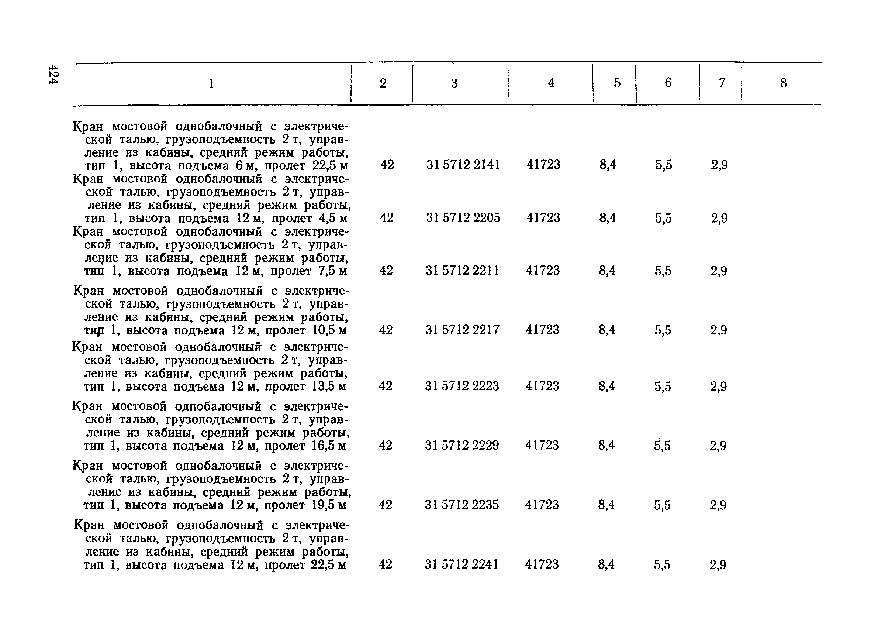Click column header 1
[x=211, y=83]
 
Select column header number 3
[x=454, y=83]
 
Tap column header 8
[x=784, y=83]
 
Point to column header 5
[x=617, y=83]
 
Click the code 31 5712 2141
[x=463, y=165]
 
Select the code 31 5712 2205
[x=463, y=218]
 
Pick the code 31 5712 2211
[x=462, y=271]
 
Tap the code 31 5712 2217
[x=462, y=330]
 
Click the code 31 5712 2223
[x=462, y=386]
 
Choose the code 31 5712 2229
[x=462, y=445]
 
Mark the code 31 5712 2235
[x=462, y=504]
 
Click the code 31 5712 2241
[x=462, y=564]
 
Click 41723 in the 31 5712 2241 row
[x=542, y=564]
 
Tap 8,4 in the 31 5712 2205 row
[x=608, y=218]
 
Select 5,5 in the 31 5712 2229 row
[x=663, y=446]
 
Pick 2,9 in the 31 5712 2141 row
[x=719, y=165]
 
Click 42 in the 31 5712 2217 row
[x=386, y=330]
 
